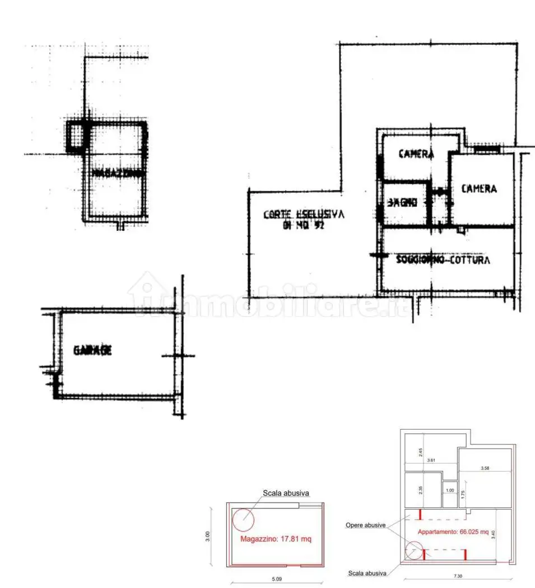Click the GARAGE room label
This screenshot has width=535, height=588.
pos(92,351)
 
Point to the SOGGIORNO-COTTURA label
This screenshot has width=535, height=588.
pos(443,260)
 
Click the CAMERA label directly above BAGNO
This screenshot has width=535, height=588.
pos(416,154)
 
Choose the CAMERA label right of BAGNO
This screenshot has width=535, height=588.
pos(478,189)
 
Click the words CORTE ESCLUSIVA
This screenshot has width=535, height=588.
pos(304,214)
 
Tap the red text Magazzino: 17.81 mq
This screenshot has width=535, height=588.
pos(275,539)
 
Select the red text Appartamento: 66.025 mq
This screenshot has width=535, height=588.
pos(452,531)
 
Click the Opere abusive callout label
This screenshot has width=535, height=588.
pos(365,525)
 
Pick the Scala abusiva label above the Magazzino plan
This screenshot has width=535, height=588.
pos(286,493)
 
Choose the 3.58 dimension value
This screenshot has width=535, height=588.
pos(485,468)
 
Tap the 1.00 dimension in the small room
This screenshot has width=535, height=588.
pos(450,491)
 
